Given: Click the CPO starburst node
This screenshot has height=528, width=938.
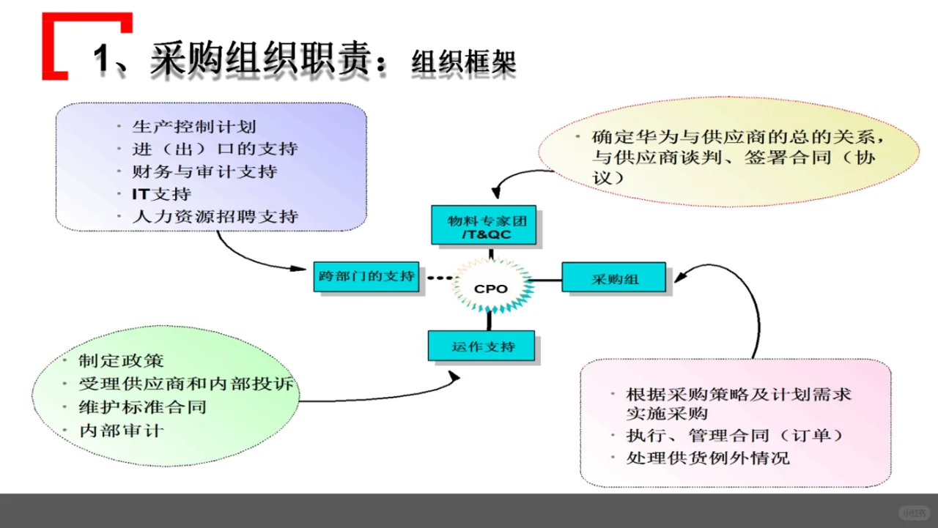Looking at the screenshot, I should pyautogui.click(x=491, y=289).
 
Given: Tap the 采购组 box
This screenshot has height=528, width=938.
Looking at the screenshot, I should pyautogui.click(x=614, y=279).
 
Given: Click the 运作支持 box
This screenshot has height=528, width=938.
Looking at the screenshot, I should pyautogui.click(x=482, y=346).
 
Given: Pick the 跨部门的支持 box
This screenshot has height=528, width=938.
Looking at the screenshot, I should pyautogui.click(x=366, y=277).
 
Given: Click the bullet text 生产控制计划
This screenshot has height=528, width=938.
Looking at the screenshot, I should pyautogui.click(x=194, y=127).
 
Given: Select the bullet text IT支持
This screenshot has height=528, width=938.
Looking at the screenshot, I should pyautogui.click(x=162, y=194).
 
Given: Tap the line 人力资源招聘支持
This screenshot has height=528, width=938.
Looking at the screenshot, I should pyautogui.click(x=215, y=217).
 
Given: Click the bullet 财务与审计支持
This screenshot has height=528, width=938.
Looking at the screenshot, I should pyautogui.click(x=204, y=172).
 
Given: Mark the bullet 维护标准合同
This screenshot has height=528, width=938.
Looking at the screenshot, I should pyautogui.click(x=142, y=407).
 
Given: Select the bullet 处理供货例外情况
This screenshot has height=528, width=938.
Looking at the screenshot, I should pyautogui.click(x=708, y=458).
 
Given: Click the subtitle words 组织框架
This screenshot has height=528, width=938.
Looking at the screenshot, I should pyautogui.click(x=463, y=63).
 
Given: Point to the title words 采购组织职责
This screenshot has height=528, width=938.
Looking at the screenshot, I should pyautogui.click(x=260, y=59).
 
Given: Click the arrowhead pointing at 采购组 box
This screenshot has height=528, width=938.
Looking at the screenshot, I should pyautogui.click(x=678, y=278).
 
